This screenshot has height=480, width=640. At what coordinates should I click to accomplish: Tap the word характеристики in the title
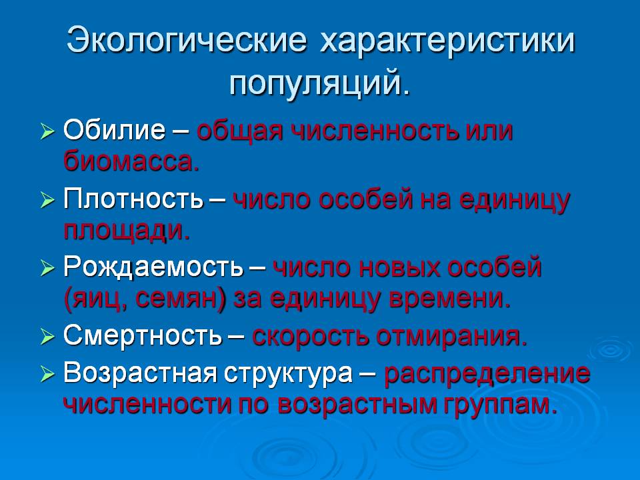point(447,42)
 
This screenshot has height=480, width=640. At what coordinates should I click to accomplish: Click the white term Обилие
point(113,130)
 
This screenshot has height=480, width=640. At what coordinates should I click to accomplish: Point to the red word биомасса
point(131,161)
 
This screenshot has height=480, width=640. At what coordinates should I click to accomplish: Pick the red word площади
point(126,231)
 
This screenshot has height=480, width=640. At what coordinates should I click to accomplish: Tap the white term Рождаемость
point(153,268)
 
